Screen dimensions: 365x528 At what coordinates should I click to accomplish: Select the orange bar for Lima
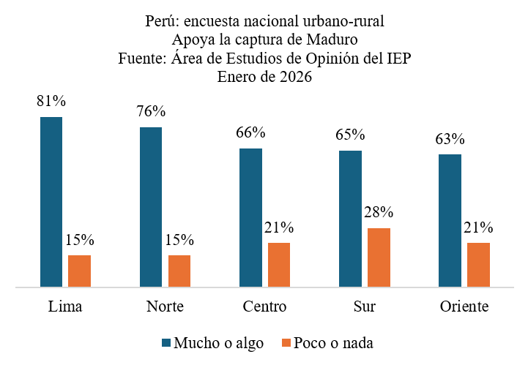79,271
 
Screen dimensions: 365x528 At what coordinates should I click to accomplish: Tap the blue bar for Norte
151,207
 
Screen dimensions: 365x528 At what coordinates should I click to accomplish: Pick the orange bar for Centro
279,265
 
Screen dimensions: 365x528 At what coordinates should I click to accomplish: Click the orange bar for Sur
379,257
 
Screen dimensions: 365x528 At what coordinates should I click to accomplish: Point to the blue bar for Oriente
450,220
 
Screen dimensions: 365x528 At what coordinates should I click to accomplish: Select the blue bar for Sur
350,219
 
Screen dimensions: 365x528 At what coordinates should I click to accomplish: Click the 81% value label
52,102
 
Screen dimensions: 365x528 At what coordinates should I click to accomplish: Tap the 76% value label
151,112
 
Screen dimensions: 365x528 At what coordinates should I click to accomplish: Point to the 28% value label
379,213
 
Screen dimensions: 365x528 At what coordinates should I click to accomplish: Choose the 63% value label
450,139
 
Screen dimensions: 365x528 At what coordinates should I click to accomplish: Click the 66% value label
250,133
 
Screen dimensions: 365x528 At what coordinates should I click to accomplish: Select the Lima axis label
64,306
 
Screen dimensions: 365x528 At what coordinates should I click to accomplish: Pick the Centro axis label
264,306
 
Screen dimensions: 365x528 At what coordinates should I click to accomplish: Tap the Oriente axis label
464,306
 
